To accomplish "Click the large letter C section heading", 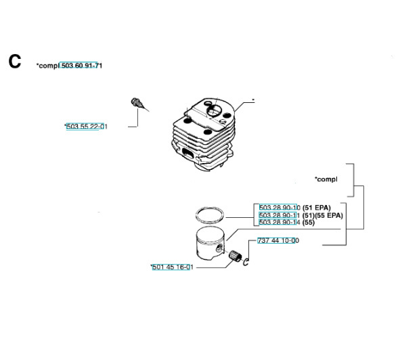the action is (14, 62).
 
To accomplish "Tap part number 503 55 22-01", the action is (87, 127).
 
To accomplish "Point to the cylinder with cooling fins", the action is (203, 135).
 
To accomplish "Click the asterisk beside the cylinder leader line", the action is (253, 99).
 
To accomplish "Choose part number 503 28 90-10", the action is (280, 208).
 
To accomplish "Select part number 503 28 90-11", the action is (280, 215).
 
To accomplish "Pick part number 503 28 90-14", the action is (280, 223).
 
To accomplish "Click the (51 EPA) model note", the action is (316, 208).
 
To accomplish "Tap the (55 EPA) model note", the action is (329, 216).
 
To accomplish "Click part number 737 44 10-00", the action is (278, 241).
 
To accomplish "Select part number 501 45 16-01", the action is (173, 267).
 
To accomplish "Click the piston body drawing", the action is (210, 244).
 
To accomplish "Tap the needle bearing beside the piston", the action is (234, 256).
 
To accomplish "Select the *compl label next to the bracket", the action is (326, 179).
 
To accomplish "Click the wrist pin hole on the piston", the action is (219, 248).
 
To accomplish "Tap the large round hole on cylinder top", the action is (213, 111).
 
